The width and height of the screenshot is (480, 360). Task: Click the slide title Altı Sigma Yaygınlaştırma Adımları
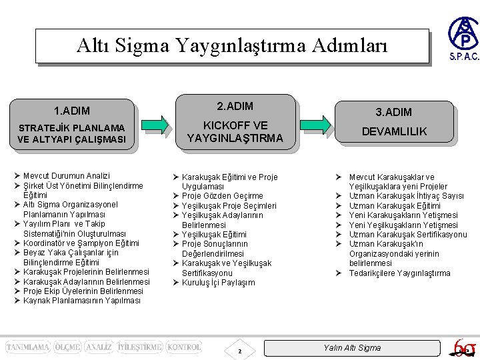[231, 45]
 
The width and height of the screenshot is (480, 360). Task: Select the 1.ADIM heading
[72, 111]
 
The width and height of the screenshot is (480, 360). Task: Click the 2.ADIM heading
[235, 106]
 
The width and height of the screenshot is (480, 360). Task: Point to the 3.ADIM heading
[393, 112]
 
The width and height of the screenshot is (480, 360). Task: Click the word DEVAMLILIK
[394, 132]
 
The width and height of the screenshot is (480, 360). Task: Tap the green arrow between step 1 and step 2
[157, 125]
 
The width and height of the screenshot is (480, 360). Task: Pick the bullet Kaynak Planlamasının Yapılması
[81, 301]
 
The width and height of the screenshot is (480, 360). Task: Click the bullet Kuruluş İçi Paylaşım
[218, 283]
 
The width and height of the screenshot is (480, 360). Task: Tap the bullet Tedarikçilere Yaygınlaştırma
[399, 273]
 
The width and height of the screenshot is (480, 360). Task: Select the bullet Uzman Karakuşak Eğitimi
[395, 206]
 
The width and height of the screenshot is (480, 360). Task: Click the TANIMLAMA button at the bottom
[28, 347]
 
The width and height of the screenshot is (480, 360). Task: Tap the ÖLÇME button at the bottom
[67, 347]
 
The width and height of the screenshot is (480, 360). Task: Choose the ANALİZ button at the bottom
[99, 347]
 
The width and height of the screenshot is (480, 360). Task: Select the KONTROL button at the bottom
[183, 347]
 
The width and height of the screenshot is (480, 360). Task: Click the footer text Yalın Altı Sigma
[352, 348]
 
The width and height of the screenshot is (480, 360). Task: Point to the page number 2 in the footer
[240, 351]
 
